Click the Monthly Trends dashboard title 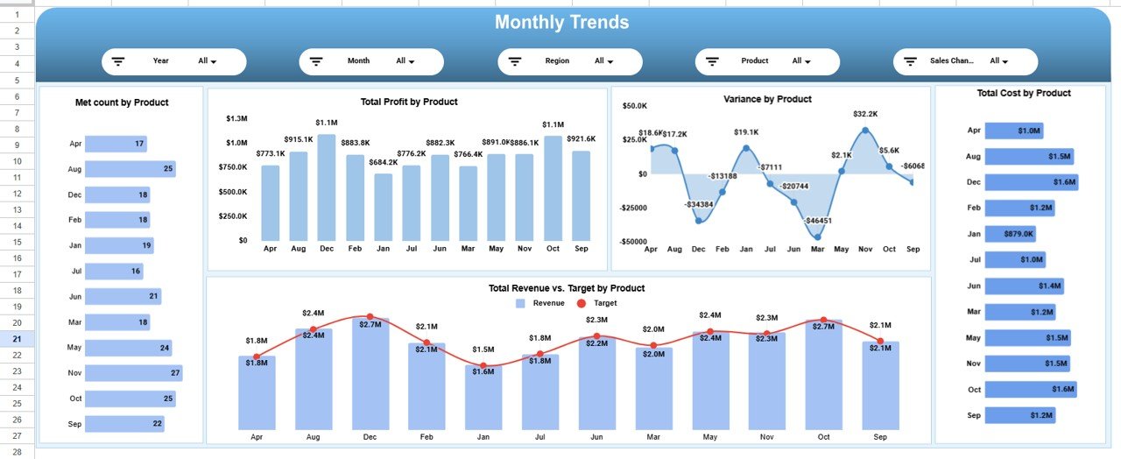pyautogui.click(x=561, y=23)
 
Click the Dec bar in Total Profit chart pyautogui.click(x=327, y=187)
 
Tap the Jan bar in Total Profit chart pyautogui.click(x=383, y=207)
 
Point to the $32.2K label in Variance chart pyautogui.click(x=865, y=114)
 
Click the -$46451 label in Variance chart pyautogui.click(x=819, y=221)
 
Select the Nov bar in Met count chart pyautogui.click(x=133, y=373)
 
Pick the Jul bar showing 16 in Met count pyautogui.click(x=115, y=272)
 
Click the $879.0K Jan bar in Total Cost pyautogui.click(x=1010, y=234)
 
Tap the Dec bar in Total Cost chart pyautogui.click(x=1031, y=182)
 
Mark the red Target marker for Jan pyautogui.click(x=482, y=364)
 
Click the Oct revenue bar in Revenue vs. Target pyautogui.click(x=823, y=377)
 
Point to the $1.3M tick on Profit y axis pyautogui.click(x=236, y=118)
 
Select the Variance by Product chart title pyautogui.click(x=767, y=99)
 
